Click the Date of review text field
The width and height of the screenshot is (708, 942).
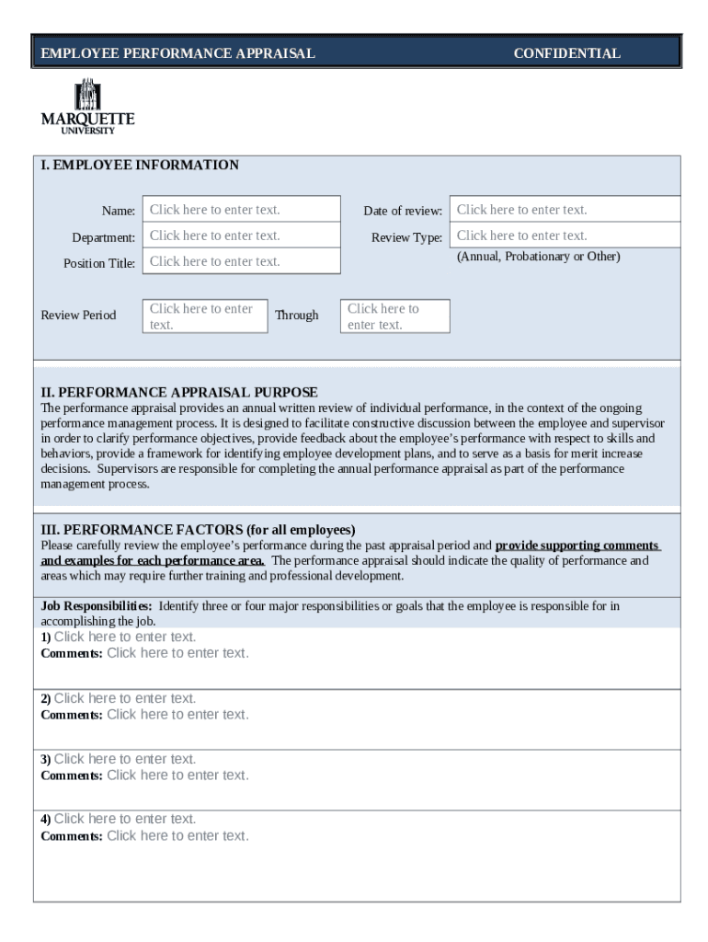pos(564,210)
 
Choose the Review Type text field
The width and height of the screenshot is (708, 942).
pos(564,235)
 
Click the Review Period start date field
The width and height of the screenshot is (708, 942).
pos(205,316)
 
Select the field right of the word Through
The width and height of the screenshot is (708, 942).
pos(394,316)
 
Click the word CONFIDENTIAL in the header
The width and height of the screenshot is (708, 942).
pos(566,53)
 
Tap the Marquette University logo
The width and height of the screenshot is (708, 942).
pos(87,107)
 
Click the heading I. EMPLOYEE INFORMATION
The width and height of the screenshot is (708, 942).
pos(140,166)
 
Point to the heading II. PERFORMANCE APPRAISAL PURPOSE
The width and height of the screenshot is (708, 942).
pos(179,392)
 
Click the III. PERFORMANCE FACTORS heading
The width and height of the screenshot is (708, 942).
pos(198,530)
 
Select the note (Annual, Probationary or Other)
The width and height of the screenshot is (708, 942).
pos(538,257)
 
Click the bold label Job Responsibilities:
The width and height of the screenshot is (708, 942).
pos(97,606)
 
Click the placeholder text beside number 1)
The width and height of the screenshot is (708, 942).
pos(125,637)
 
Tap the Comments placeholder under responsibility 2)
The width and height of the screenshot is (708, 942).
pos(177,714)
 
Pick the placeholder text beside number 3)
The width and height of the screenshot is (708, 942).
pos(125,759)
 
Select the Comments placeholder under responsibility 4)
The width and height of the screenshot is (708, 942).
pos(177,835)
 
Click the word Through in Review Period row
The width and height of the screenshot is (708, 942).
pos(296,316)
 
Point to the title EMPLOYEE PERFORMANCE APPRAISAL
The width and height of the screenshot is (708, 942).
pos(177,53)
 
